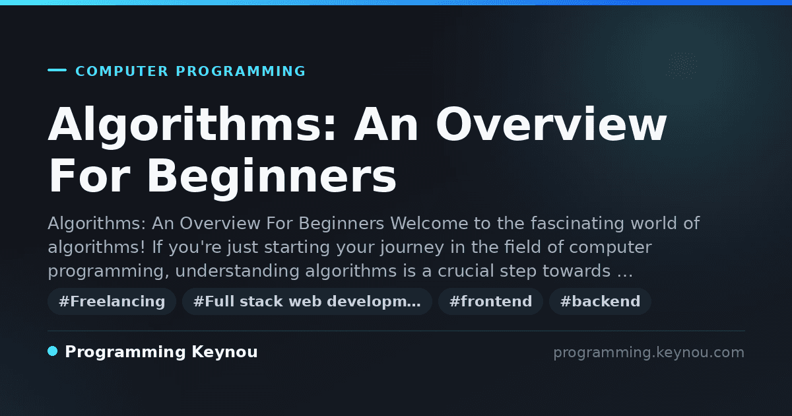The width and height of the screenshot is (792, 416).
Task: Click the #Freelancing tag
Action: (x=112, y=301)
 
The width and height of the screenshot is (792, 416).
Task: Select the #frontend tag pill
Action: (x=490, y=301)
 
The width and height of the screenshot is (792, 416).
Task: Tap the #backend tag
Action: (x=600, y=301)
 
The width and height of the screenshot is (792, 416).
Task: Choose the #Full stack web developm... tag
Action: (x=307, y=301)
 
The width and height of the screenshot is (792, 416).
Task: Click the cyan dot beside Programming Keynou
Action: (x=53, y=351)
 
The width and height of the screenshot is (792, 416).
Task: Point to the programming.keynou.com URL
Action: (x=649, y=353)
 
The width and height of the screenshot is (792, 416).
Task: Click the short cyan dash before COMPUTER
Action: (x=57, y=70)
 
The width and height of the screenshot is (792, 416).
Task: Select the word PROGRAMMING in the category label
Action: (x=240, y=71)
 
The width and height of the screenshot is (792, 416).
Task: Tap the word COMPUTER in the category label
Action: (x=121, y=71)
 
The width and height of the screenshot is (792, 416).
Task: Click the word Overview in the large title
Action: (x=551, y=124)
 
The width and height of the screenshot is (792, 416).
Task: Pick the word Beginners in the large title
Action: (x=272, y=176)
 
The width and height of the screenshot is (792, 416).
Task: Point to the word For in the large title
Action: (x=89, y=176)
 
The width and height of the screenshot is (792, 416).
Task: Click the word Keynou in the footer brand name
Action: (x=224, y=351)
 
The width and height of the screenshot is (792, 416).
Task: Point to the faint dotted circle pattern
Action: (x=681, y=65)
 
